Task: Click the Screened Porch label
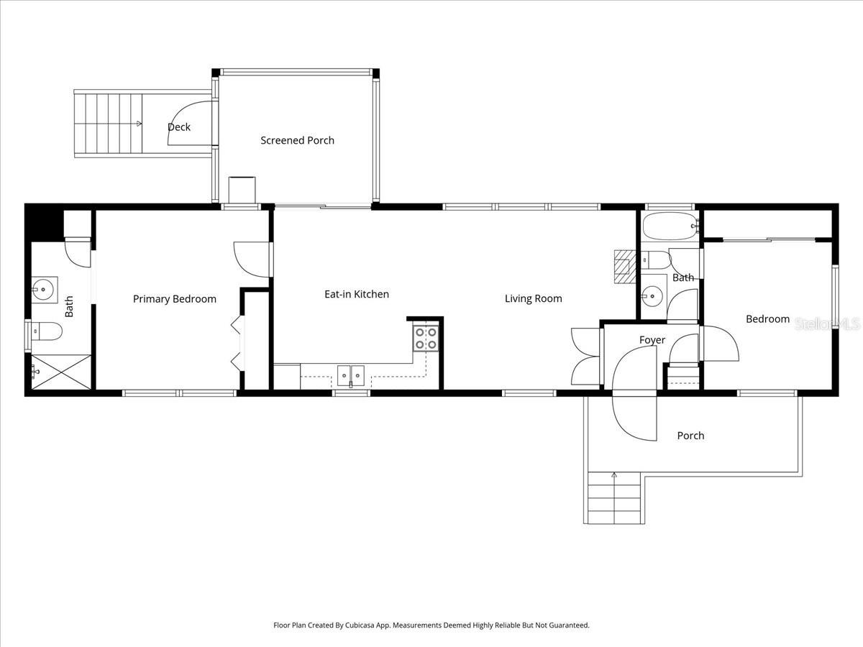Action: [x=297, y=140]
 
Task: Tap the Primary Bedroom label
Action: [x=174, y=299]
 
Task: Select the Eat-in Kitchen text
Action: [x=356, y=294]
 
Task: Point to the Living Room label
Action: [x=533, y=298]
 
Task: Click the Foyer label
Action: [x=652, y=340]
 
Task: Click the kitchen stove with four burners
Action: [x=426, y=338]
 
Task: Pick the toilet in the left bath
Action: [x=47, y=331]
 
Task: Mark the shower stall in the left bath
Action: [x=60, y=372]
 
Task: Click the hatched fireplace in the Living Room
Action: [x=622, y=264]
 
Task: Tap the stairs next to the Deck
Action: [x=108, y=124]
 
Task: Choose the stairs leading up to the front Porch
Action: [x=614, y=497]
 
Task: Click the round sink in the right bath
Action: [x=653, y=295]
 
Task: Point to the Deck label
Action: [x=179, y=127]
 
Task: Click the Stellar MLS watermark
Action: [x=827, y=324]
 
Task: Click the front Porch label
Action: [x=690, y=436]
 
